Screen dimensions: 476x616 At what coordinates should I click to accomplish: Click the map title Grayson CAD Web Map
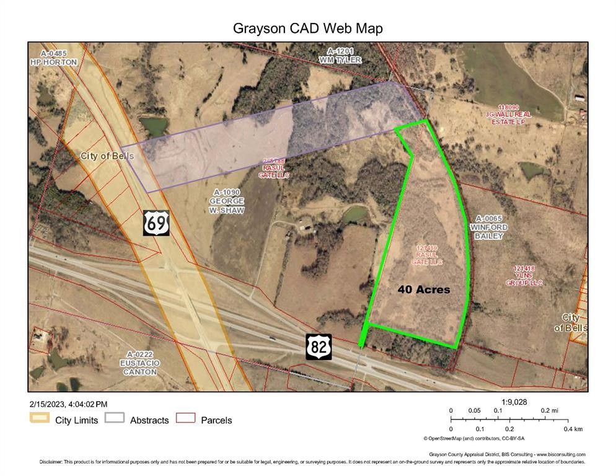[307, 29]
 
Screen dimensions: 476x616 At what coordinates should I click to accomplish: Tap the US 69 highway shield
[156, 223]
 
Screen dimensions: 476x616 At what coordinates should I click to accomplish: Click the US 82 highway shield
[319, 346]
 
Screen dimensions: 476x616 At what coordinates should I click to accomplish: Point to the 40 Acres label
[423, 289]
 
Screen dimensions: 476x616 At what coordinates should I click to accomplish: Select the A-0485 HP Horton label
[53, 58]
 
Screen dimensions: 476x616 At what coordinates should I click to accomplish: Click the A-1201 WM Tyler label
[340, 55]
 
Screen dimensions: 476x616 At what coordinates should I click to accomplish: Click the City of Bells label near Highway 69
[107, 156]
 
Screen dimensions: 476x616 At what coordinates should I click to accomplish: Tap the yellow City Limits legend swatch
[39, 420]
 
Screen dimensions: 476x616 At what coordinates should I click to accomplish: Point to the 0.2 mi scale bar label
[548, 410]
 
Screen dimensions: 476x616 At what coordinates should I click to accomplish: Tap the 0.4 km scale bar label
[573, 429]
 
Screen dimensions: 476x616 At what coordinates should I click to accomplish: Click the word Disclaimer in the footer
[51, 462]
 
